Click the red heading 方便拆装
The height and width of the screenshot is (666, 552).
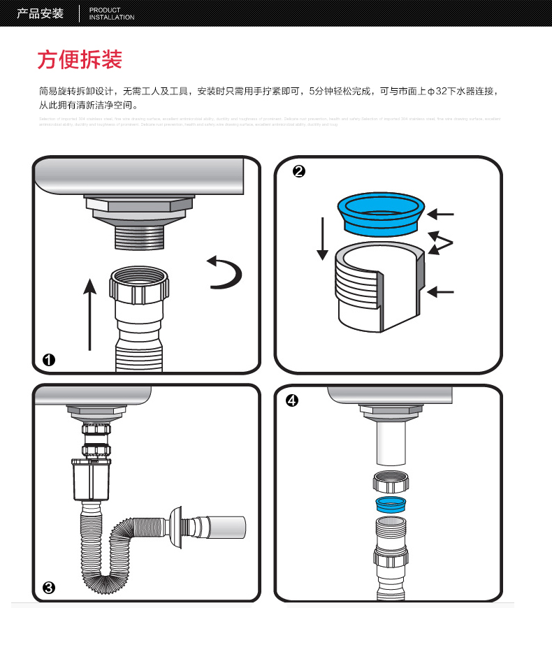(80, 60)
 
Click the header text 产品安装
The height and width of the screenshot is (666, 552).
(40, 13)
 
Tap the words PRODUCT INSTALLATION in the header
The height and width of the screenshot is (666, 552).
(112, 13)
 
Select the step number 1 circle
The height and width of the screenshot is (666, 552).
(49, 360)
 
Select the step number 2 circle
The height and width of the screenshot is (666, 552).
(299, 172)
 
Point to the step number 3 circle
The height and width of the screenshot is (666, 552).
(49, 588)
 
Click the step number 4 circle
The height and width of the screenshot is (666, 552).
(292, 400)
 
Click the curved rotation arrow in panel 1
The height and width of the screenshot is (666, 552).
(226, 272)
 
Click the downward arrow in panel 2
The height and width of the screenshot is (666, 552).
(322, 238)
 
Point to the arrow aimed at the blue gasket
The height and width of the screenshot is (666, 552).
(441, 214)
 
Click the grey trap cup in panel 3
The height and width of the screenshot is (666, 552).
(91, 482)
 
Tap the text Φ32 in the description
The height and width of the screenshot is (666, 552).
(438, 91)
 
